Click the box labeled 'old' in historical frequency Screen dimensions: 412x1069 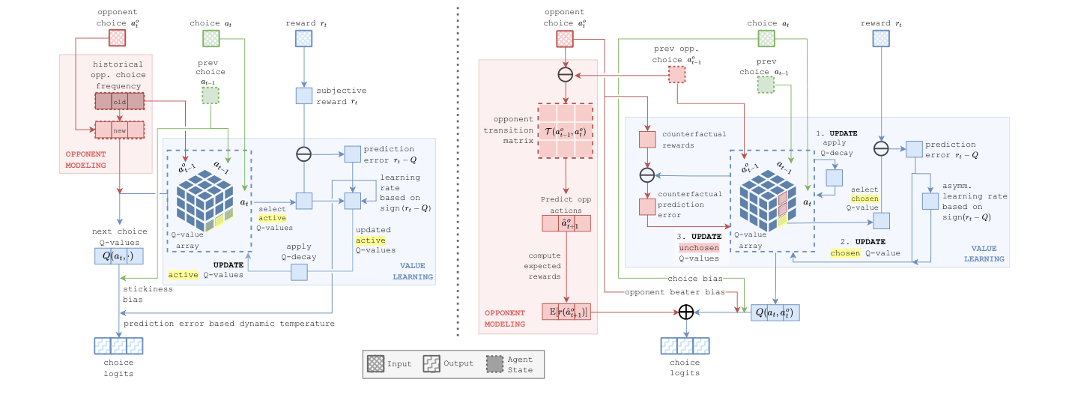119,101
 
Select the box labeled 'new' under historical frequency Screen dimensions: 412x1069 119,130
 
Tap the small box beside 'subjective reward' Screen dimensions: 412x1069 303,96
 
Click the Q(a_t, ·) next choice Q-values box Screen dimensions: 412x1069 118,255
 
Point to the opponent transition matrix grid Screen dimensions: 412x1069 565,130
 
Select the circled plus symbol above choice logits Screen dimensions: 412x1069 685,312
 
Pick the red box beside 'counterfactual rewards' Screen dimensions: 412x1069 647,139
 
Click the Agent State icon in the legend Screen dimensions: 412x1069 494,363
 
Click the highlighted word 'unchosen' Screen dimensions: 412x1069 699,247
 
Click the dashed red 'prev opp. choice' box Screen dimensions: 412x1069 676,74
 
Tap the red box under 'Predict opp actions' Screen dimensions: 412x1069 566,223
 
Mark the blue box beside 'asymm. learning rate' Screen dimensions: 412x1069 930,201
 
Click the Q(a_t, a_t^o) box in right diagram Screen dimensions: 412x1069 775,312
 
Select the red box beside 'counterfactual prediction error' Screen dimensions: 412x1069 647,207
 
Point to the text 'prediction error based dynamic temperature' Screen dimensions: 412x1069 229,324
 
